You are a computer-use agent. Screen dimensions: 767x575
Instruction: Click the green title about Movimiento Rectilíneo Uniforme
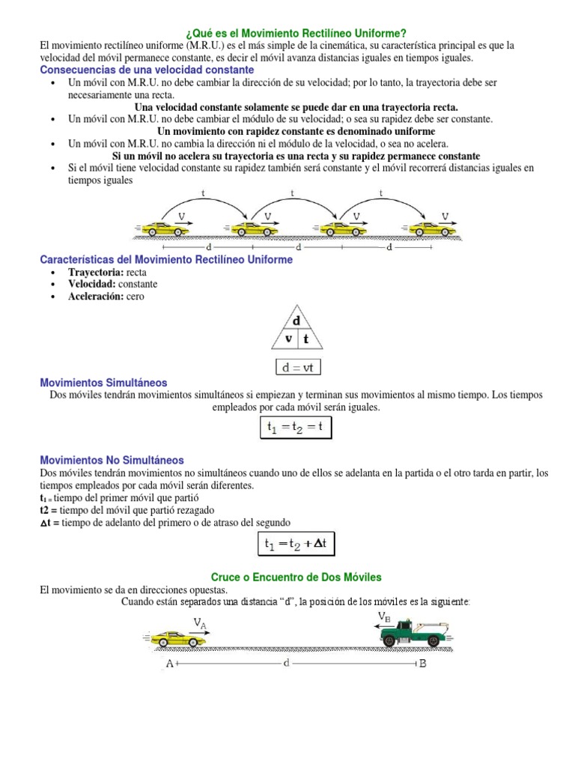295,34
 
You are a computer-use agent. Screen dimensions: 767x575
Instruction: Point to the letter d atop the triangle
296,321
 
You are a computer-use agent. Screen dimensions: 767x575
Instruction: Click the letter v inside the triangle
287,338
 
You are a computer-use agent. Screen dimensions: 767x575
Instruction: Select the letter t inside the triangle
305,338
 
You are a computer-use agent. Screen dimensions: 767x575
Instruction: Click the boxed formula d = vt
296,368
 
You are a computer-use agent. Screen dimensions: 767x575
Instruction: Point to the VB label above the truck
384,616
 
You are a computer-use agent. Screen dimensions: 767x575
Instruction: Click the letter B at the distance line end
422,664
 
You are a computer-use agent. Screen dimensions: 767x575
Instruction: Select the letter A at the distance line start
168,664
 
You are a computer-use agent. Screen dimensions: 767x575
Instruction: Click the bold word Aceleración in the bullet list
96,297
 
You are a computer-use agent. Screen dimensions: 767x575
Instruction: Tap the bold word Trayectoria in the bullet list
96,273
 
